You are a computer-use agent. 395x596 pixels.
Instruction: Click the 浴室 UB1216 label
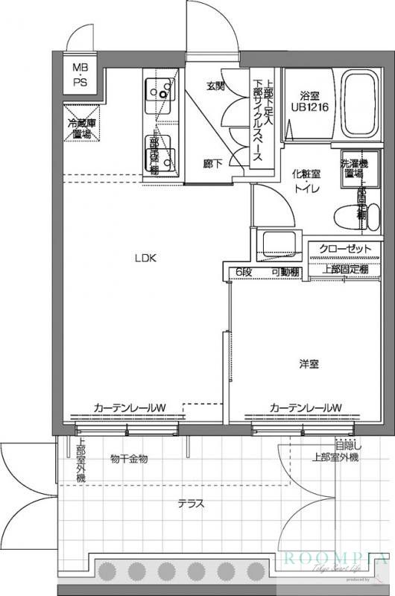(x=309, y=101)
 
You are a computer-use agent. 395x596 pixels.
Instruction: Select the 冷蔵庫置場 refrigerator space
(x=80, y=129)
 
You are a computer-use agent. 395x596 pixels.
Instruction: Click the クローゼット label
(x=344, y=248)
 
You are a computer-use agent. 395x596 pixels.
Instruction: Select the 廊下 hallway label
(x=212, y=163)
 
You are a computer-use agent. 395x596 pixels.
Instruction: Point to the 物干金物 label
(x=129, y=459)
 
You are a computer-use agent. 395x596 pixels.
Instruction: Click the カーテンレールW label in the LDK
(x=129, y=408)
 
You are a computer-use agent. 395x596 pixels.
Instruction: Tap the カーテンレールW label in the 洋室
(x=306, y=408)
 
